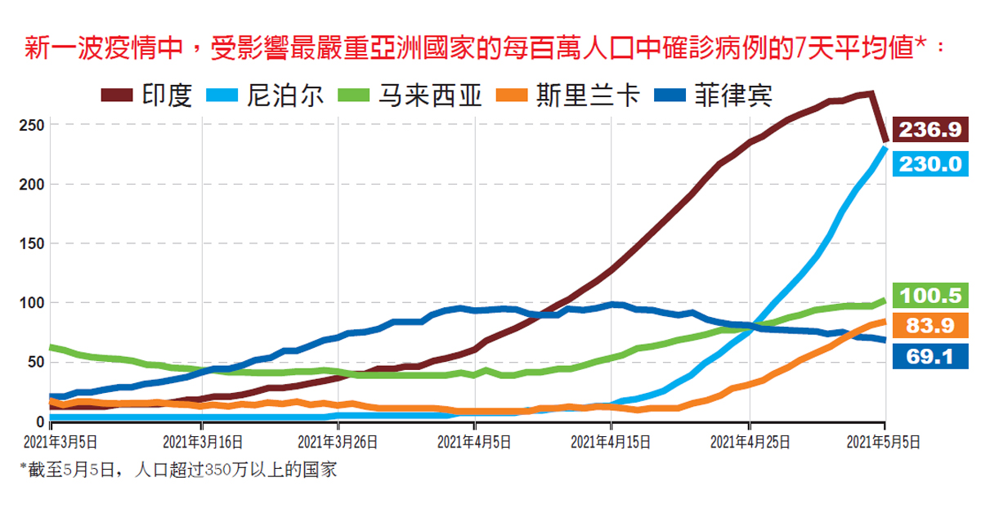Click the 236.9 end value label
click(x=931, y=130)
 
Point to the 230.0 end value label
click(x=931, y=163)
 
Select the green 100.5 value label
click(x=931, y=294)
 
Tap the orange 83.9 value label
click(x=931, y=325)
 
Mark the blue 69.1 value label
click(x=931, y=356)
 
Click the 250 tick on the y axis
click(x=32, y=126)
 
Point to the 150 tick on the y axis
click(x=32, y=243)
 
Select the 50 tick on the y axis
click(x=35, y=362)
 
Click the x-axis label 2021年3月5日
click(x=63, y=442)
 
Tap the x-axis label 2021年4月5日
click(x=474, y=442)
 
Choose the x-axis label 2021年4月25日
click(x=750, y=442)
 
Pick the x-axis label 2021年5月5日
click(x=885, y=442)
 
